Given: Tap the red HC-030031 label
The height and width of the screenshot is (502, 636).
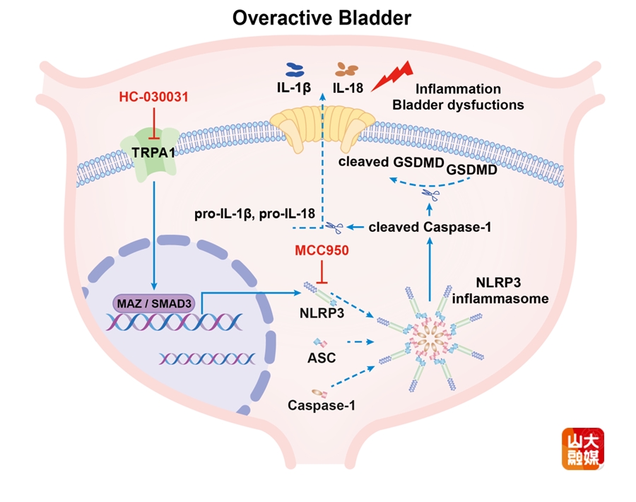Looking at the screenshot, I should tap(153, 98).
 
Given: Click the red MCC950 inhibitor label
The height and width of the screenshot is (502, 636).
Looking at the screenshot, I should tap(322, 250).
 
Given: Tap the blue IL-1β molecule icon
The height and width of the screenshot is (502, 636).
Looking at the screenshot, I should tap(293, 69).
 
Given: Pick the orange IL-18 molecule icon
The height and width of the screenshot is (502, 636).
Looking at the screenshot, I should tap(347, 69).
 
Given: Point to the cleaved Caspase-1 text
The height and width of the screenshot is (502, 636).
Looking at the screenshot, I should tap(430, 227).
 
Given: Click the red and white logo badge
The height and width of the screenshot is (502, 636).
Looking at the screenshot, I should tap(582, 449).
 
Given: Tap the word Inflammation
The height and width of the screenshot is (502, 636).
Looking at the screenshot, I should tap(458, 89).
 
